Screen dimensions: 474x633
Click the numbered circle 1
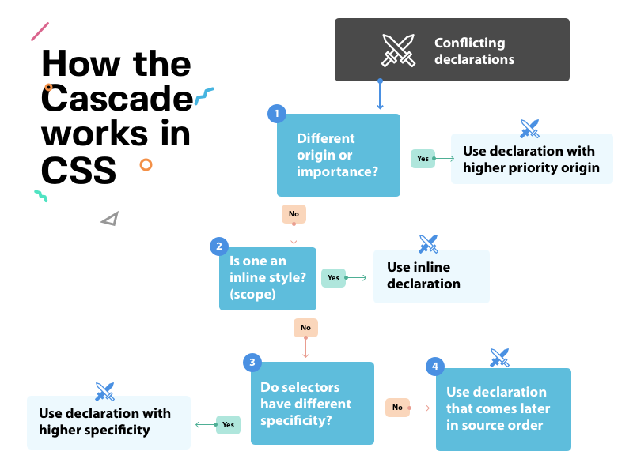pos(276,114)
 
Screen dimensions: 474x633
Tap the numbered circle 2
pos(218,246)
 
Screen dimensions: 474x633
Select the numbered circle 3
pos(252,363)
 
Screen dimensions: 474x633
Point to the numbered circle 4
pos(434,367)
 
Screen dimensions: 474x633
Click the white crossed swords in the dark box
pos(398,50)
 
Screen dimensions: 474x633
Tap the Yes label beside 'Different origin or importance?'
pos(423,158)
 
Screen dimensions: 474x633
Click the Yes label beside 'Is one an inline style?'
pos(333,277)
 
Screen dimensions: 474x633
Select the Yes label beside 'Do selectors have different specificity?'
pos(228,424)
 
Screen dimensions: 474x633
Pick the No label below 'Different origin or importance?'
pos(294,213)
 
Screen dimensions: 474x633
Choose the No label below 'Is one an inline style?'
pos(305,327)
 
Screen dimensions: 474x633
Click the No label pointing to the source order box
pos(397,408)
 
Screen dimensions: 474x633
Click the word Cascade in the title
pos(117,99)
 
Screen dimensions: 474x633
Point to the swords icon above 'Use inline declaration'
pos(428,243)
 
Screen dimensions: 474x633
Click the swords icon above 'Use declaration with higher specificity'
pos(104,390)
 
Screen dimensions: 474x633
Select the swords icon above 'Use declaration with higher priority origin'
pos(529,128)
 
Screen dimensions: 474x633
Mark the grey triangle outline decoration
pos(110,219)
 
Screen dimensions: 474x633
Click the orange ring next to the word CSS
pos(146,164)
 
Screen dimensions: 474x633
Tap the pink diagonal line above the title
pos(40,32)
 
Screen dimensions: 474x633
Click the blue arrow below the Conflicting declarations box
pos(380,95)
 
